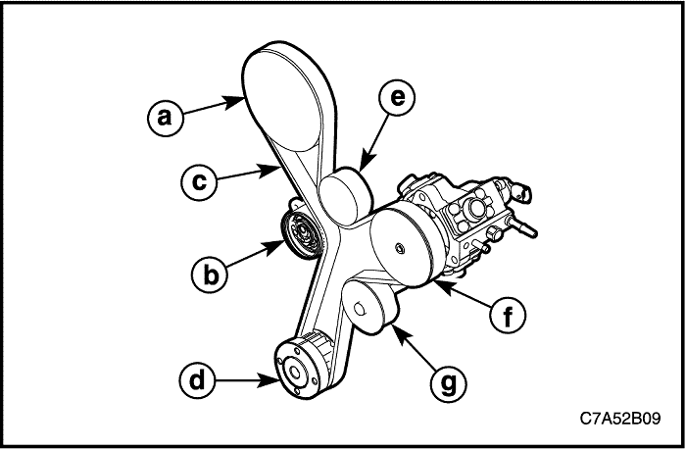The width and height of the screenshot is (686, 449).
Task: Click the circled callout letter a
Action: [165, 119]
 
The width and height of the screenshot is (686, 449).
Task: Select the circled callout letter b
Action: [210, 275]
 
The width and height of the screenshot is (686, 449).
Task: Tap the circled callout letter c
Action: [199, 182]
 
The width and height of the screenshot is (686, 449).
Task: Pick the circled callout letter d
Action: [197, 379]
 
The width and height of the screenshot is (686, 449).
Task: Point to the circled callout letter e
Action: [397, 97]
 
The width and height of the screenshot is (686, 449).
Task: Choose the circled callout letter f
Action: [508, 315]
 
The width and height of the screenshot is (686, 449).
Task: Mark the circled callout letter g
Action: [449, 383]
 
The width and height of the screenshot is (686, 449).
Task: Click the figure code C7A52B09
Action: [620, 419]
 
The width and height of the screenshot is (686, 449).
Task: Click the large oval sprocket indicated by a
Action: [284, 100]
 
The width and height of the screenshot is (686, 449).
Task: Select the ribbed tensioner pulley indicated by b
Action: [302, 234]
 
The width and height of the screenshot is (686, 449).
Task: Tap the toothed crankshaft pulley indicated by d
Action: [303, 367]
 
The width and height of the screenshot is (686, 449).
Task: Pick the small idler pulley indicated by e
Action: [346, 197]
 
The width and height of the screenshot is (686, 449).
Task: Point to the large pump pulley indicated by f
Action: [403, 247]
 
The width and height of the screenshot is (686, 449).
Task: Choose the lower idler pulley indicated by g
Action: [369, 307]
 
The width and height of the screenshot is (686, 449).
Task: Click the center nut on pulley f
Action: [399, 249]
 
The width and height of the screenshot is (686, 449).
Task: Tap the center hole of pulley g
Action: [360, 309]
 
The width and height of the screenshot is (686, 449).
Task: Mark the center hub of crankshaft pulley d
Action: [294, 373]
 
